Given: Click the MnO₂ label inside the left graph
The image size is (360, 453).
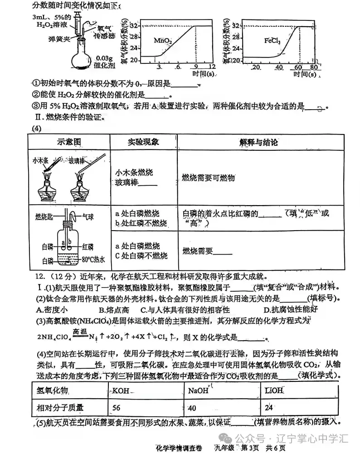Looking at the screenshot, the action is [163, 41].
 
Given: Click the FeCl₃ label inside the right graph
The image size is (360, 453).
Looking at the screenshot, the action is [272, 41].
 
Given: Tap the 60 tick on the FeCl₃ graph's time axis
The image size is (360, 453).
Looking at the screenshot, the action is [298, 67].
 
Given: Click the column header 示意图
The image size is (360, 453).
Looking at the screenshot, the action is [68, 142].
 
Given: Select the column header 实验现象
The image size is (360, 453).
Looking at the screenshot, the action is [143, 142].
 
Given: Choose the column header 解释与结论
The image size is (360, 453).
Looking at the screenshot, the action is [258, 142].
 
